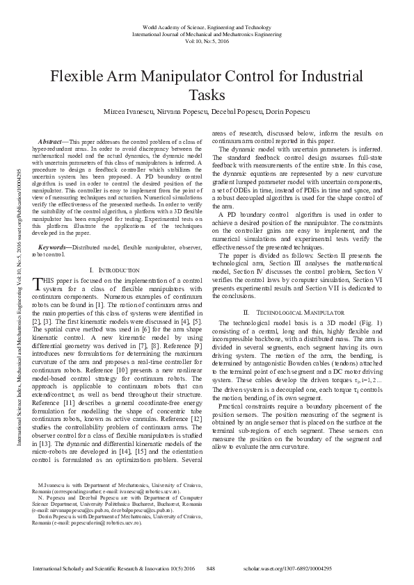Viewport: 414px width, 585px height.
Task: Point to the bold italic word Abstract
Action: point(54,142)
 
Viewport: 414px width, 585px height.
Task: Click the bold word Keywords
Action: point(56,228)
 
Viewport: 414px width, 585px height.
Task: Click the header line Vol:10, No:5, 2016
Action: point(207,41)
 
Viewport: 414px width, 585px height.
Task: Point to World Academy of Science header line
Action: point(207,26)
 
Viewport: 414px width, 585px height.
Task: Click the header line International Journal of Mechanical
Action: point(207,33)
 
